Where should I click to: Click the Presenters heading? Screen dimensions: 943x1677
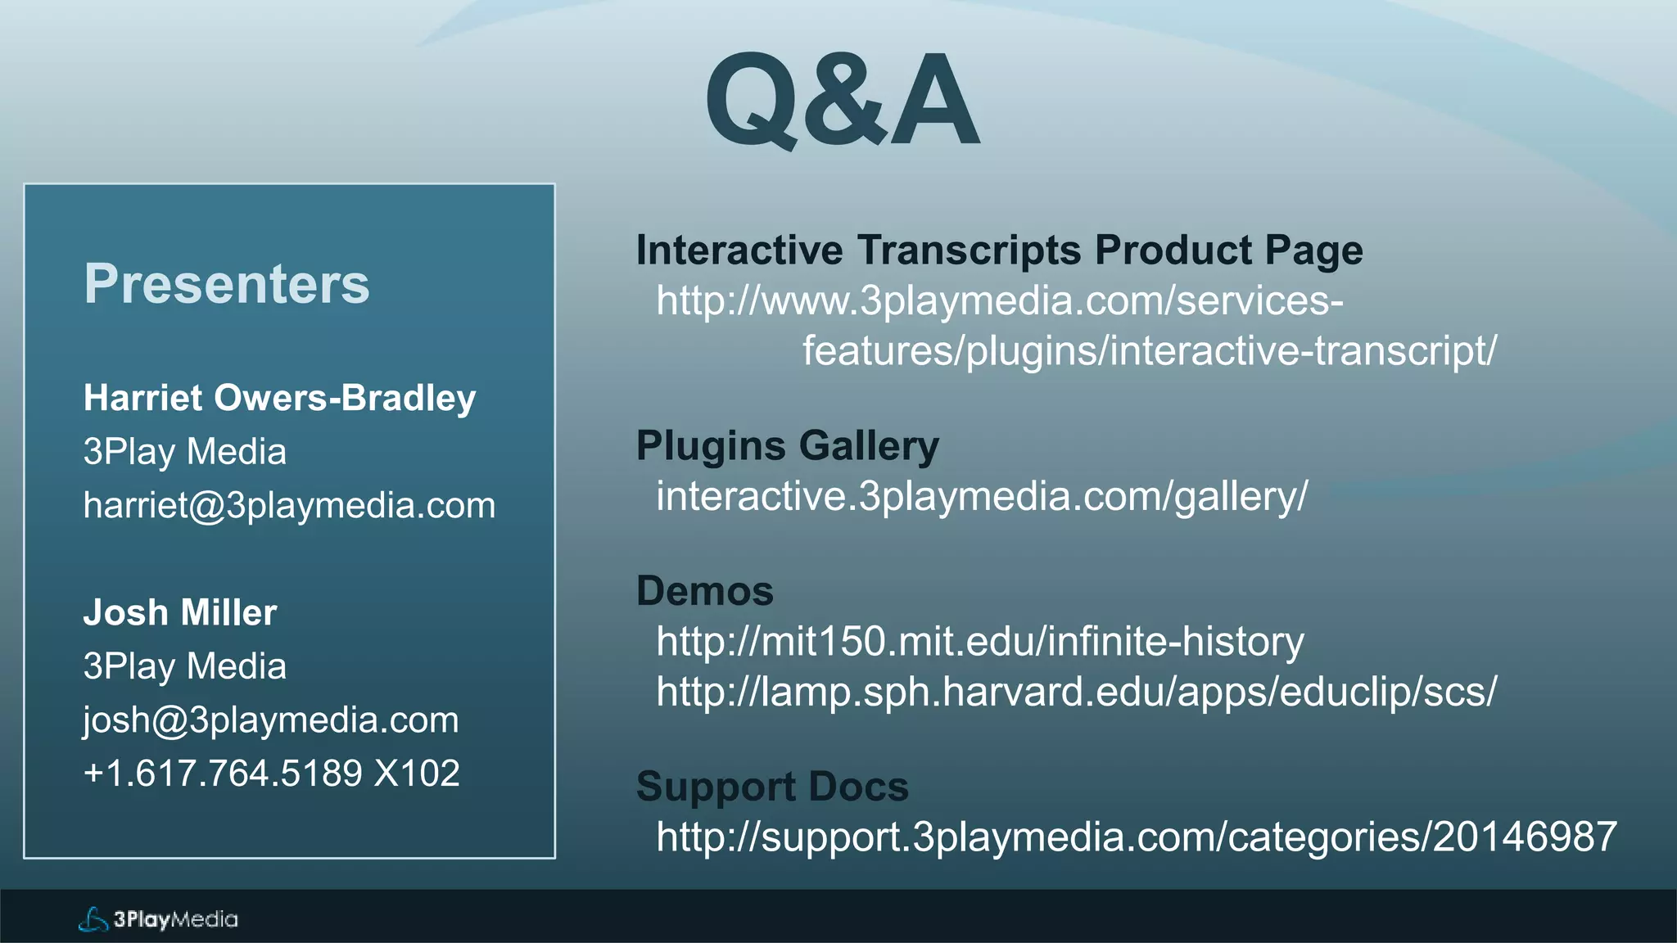(x=227, y=284)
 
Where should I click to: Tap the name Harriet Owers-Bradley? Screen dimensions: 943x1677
(x=279, y=399)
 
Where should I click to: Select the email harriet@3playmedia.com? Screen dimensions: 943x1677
(x=289, y=506)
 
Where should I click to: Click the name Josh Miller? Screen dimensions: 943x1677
(x=180, y=612)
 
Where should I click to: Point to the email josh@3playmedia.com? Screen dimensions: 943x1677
(x=271, y=720)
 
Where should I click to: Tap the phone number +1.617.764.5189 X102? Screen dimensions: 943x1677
(x=271, y=774)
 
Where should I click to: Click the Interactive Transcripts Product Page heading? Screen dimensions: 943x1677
(x=999, y=250)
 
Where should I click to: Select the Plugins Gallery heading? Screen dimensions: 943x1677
(x=787, y=446)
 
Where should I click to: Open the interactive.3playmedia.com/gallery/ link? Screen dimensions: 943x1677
(x=982, y=497)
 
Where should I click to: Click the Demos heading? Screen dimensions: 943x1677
(x=704, y=591)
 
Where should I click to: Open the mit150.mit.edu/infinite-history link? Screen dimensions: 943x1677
(x=979, y=642)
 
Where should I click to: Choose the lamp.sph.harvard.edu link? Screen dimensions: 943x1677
(x=1076, y=693)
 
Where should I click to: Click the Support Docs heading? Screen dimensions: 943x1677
(x=772, y=787)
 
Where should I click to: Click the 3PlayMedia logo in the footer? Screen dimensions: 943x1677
(x=158, y=919)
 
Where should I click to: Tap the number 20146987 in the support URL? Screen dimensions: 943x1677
(x=1525, y=837)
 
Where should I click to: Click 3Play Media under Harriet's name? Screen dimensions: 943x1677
(x=185, y=452)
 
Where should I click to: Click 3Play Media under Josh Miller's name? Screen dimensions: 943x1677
(x=185, y=666)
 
